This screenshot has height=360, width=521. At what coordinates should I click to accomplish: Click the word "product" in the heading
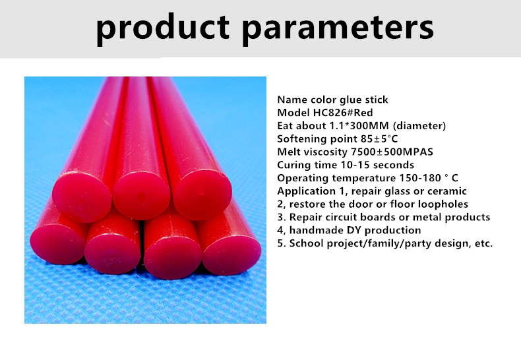[162, 28]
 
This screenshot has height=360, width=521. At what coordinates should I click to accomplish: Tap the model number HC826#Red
[343, 113]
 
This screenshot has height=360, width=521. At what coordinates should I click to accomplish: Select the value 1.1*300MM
[359, 126]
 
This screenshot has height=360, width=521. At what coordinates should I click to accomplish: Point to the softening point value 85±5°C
[379, 139]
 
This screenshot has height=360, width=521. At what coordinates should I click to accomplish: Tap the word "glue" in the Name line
[353, 100]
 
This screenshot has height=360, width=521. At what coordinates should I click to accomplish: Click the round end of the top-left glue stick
[82, 197]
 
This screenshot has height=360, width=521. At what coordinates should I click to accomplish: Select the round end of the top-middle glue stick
[142, 196]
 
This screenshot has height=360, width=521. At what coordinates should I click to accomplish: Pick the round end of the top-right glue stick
[202, 195]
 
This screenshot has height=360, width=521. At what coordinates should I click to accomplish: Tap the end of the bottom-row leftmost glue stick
[58, 244]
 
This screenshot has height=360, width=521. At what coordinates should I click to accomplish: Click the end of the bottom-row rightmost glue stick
[231, 255]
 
